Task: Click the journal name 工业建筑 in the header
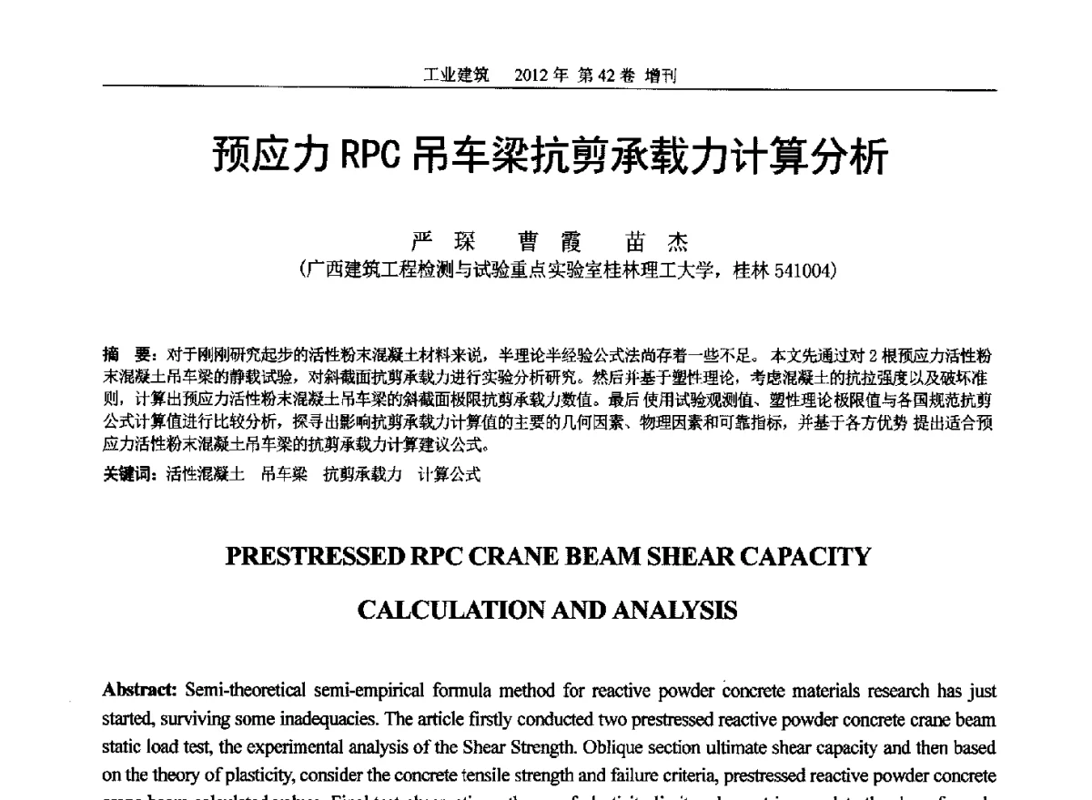tap(456, 76)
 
